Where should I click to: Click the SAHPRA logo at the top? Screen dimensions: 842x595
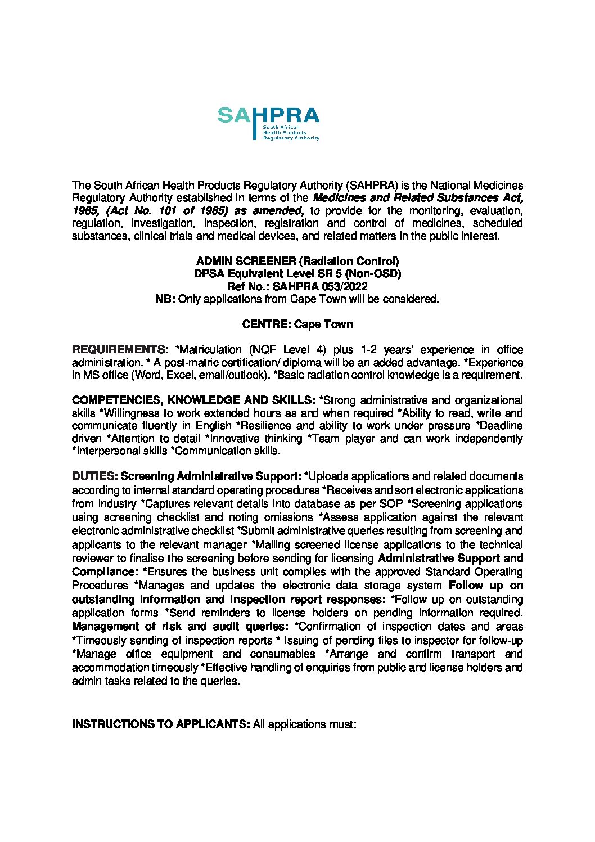[268, 123]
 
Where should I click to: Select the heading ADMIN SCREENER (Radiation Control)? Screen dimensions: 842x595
[297, 262]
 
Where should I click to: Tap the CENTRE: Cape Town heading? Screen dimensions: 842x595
[297, 325]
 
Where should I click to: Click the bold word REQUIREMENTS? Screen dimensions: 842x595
[117, 350]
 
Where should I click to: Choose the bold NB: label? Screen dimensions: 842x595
[165, 299]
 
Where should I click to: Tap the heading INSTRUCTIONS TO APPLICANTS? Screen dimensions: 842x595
[161, 724]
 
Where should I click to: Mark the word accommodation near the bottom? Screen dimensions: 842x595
[110, 668]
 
